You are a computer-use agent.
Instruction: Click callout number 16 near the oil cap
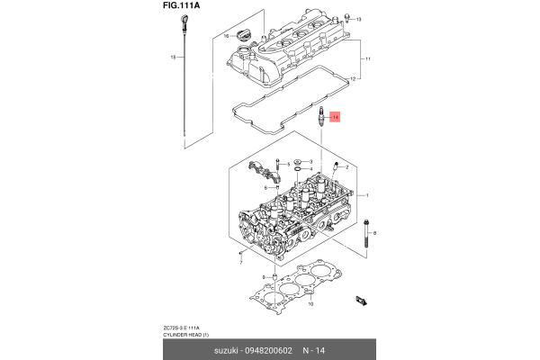pyautogui.click(x=226, y=36)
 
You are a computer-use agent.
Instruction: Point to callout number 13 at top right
pyautogui.click(x=359, y=19)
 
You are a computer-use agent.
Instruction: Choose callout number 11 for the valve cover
pyautogui.click(x=366, y=59)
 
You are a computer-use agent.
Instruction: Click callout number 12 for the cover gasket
pyautogui.click(x=353, y=80)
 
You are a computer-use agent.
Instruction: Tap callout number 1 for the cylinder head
pyautogui.click(x=366, y=195)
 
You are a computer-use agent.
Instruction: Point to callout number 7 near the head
pyautogui.click(x=241, y=255)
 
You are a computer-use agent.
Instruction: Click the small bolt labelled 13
pyautogui.click(x=346, y=19)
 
